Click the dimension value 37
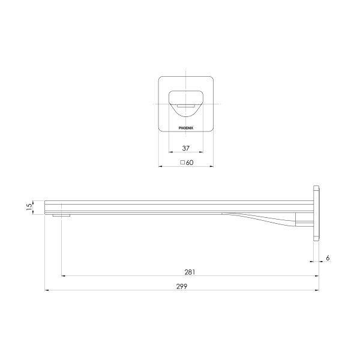(x=186, y=148)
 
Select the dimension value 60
(x=190, y=163)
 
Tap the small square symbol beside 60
(x=182, y=163)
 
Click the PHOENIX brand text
(x=186, y=128)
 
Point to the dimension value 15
(x=29, y=207)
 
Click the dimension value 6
(x=328, y=258)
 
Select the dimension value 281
(x=190, y=272)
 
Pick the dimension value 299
(x=182, y=287)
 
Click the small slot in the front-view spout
(x=186, y=106)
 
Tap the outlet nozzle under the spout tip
(x=61, y=215)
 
